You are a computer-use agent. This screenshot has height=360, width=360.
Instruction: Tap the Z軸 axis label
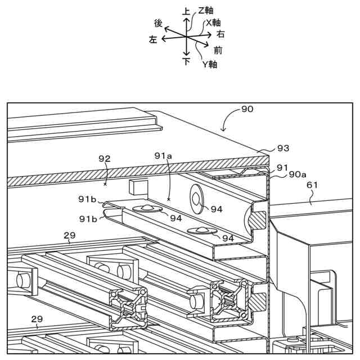pyautogui.click(x=205, y=11)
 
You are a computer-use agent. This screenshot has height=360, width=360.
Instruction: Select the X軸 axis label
pyautogui.click(x=213, y=22)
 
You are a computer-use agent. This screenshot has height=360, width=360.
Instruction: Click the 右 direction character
pyautogui.click(x=220, y=34)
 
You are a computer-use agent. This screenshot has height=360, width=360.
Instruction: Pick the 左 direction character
pyautogui.click(x=153, y=40)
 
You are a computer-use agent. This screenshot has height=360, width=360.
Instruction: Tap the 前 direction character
pyautogui.click(x=218, y=50)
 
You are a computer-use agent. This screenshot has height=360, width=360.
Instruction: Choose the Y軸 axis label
pyautogui.click(x=210, y=64)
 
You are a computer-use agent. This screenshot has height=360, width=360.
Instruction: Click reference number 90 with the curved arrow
pyautogui.click(x=247, y=109)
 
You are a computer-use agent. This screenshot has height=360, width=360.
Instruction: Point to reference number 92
pyautogui.click(x=104, y=159)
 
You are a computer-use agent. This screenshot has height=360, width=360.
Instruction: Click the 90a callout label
pyautogui.click(x=298, y=175)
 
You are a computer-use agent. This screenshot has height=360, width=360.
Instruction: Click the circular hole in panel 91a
pyautogui.click(x=197, y=197)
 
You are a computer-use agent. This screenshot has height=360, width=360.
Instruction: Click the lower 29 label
pyautogui.click(x=37, y=319)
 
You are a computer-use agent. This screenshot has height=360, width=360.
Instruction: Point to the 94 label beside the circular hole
pyautogui.click(x=217, y=209)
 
